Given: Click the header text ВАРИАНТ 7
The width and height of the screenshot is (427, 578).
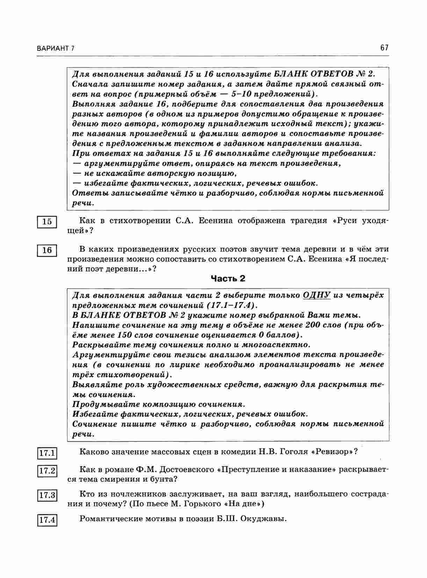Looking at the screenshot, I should click(56, 49).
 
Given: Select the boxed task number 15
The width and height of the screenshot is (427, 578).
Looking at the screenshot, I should click(47, 222).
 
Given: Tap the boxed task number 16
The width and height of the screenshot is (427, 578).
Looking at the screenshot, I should click(47, 250).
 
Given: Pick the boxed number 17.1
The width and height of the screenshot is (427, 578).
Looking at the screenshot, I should click(47, 453).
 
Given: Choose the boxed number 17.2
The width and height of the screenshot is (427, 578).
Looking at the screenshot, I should click(47, 471).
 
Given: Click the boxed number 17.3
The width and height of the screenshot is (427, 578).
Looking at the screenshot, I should click(47, 495).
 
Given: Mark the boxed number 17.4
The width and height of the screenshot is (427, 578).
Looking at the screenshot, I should click(47, 520).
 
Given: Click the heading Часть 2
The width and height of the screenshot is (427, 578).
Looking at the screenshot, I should click(228, 279).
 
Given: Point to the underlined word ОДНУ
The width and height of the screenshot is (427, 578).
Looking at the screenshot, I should click(317, 295).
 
